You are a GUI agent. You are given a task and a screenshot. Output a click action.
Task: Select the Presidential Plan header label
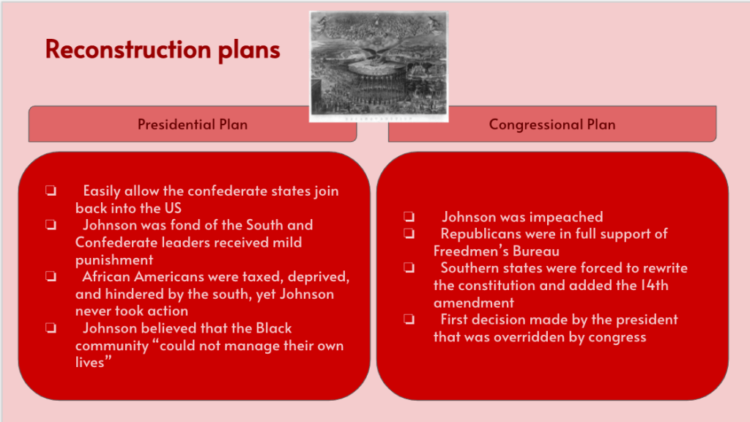pos(193,125)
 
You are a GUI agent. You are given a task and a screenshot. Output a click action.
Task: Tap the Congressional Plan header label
pos(552,125)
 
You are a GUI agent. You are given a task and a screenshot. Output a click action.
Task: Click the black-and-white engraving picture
pos(379,67)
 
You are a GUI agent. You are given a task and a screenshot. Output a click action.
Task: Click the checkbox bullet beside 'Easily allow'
pos(51,191)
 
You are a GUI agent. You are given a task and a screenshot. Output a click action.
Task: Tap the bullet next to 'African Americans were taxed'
pos(51,276)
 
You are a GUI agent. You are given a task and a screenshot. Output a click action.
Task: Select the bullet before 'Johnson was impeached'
pos(409,217)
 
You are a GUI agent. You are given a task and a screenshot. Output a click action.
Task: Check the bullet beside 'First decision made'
pos(409,319)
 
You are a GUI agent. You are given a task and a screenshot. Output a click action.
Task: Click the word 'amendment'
pos(474,303)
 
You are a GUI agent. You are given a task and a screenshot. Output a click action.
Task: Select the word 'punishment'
pos(114,260)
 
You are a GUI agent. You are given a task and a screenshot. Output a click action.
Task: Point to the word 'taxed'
pos(263,277)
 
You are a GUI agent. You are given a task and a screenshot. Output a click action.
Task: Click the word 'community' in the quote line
pos(112,346)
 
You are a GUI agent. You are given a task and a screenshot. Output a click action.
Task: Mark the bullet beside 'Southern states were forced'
pos(409,268)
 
